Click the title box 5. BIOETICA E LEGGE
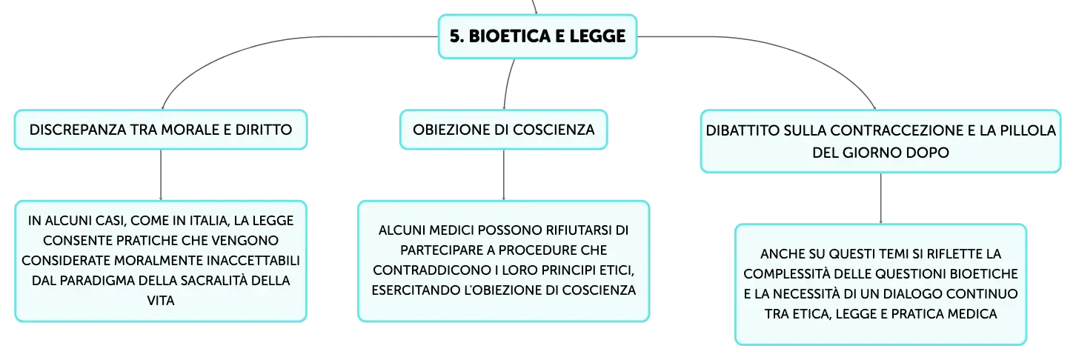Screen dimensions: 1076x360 tap(537, 36)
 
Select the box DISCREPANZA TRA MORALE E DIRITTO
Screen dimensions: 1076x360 tap(161, 130)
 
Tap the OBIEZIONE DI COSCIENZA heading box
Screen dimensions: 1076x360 tap(504, 130)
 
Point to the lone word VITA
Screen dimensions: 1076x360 tap(161, 301)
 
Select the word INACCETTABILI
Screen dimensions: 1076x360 tap(253, 261)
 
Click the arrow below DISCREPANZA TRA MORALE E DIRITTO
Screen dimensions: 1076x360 tap(161, 176)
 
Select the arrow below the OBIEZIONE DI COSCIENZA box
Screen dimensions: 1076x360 tap(504, 176)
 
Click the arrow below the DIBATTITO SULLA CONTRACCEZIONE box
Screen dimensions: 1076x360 tap(881, 199)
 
